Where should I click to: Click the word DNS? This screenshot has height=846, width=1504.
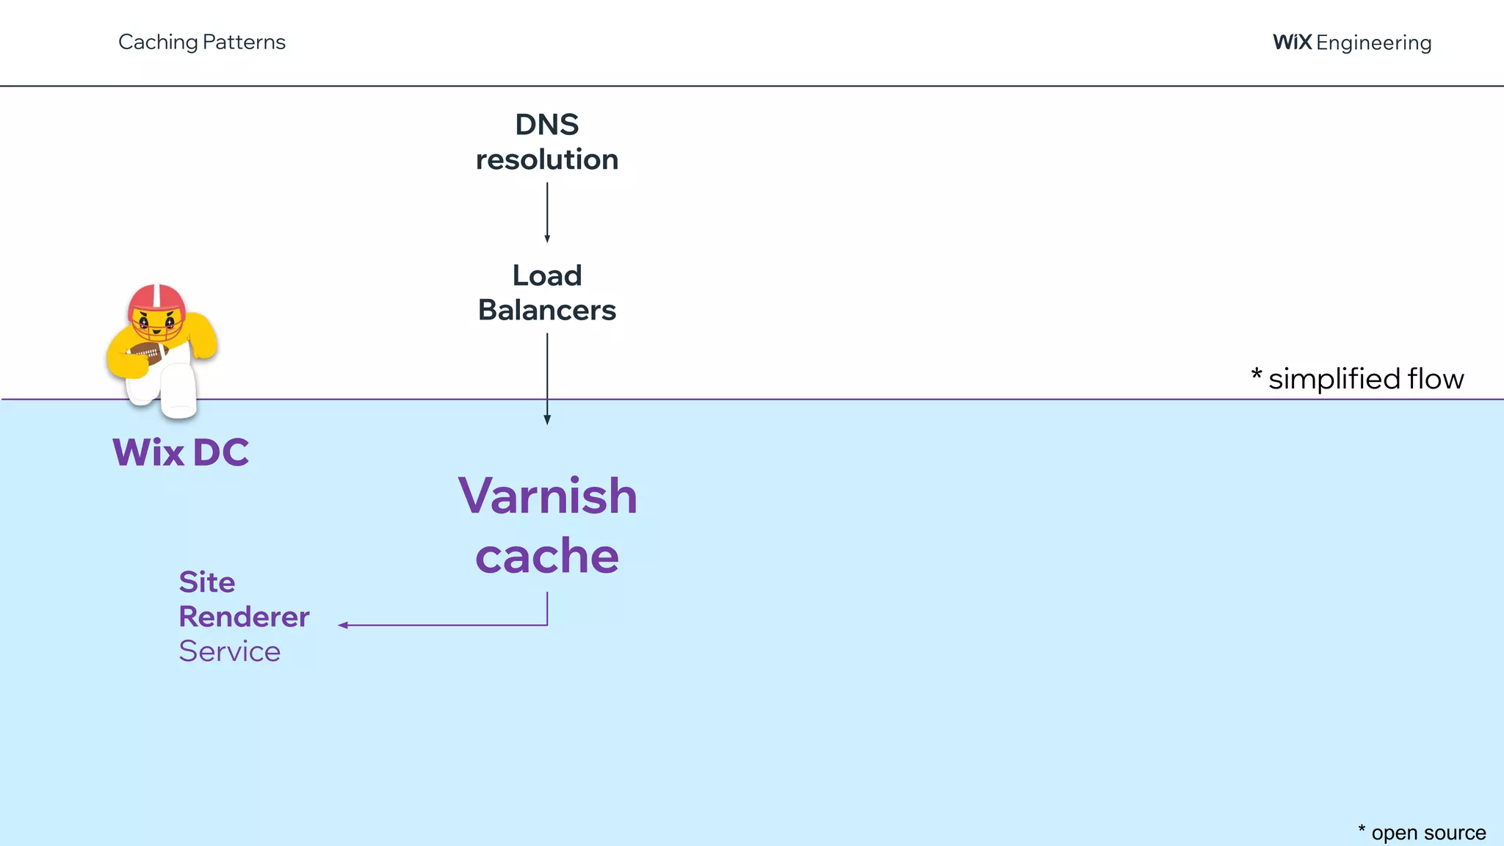(546, 125)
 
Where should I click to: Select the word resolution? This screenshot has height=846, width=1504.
(546, 159)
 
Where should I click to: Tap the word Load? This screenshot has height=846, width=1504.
(546, 275)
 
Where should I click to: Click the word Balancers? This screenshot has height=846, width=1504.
(546, 310)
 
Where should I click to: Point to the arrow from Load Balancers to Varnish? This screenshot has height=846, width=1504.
(546, 378)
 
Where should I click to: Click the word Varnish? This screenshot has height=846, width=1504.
(547, 496)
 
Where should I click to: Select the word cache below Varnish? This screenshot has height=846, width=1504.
(547, 556)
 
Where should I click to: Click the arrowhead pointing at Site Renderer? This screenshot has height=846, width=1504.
(343, 625)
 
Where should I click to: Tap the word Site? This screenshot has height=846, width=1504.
(206, 582)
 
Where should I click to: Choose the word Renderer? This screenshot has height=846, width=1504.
(244, 616)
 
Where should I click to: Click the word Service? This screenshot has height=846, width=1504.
(229, 651)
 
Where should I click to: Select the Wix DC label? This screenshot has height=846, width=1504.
(180, 452)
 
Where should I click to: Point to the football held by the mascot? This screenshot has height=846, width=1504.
(148, 355)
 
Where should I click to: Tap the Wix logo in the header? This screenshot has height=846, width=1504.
(1292, 42)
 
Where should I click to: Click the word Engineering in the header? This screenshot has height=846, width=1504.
(1373, 43)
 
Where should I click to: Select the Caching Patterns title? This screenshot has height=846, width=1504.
(201, 42)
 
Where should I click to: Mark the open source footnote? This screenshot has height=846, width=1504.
(1421, 833)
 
